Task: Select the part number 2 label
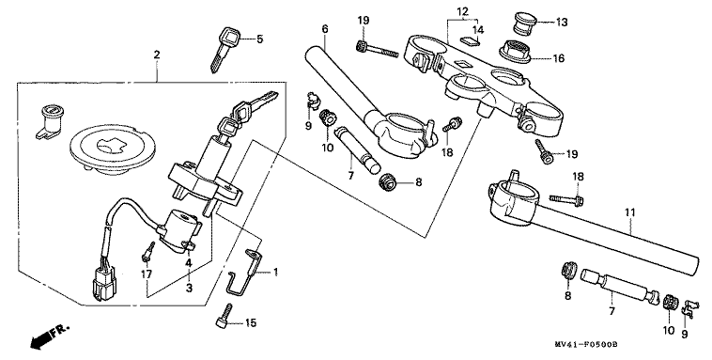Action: click(x=157, y=55)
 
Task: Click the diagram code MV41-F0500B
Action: click(x=586, y=345)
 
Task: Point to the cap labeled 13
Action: click(x=525, y=23)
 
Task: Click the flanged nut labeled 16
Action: click(x=515, y=52)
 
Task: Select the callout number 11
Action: click(x=630, y=212)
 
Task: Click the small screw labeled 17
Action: click(x=147, y=252)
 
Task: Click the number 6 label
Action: click(x=325, y=29)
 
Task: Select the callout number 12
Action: click(x=462, y=12)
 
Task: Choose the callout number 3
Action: click(x=189, y=288)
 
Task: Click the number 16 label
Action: click(x=558, y=58)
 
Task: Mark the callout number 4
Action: click(x=188, y=262)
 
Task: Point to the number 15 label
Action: click(x=251, y=323)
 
